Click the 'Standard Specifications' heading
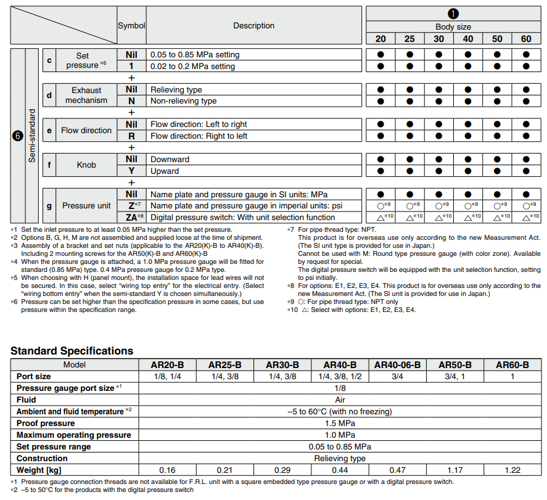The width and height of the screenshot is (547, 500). coord(72,351)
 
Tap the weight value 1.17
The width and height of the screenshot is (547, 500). coord(455,470)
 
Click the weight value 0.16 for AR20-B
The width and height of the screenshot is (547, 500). coord(168,470)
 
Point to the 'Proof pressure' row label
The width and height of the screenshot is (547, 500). coord(46,423)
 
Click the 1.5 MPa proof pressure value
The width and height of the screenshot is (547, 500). coord(340,423)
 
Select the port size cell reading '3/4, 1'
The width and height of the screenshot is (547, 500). coord(455,376)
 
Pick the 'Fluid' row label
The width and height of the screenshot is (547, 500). coord(27,400)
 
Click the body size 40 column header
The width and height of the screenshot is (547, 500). coord(468,39)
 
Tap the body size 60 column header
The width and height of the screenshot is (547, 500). coord(525,39)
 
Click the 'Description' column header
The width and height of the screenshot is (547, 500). coord(253,26)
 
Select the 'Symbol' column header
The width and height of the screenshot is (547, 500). coord(131,26)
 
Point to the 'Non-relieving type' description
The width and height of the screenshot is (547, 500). coord(183,101)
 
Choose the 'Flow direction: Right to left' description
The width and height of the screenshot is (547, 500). coord(199,136)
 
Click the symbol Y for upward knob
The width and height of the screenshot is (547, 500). coord(131,171)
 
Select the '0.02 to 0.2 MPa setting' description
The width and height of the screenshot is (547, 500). coord(192,66)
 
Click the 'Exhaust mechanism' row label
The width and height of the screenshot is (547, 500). coord(86,96)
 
